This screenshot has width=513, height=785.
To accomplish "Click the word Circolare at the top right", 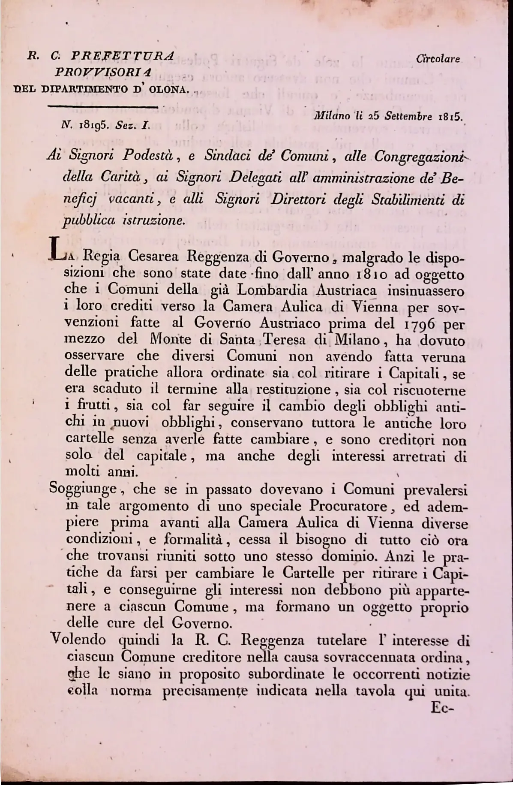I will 440,59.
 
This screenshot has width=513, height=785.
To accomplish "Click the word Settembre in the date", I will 408,116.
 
